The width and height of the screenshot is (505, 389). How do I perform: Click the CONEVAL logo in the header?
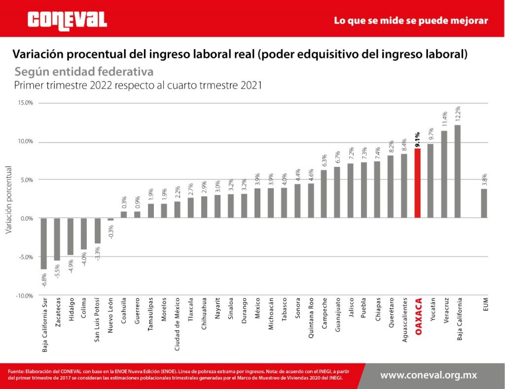(x=68, y=20)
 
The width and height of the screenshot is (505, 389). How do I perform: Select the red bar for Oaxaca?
(x=417, y=183)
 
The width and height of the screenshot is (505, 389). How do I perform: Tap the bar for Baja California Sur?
(x=43, y=243)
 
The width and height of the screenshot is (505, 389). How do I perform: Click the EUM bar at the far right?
(x=484, y=203)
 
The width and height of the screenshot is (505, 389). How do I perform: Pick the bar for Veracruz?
(x=444, y=174)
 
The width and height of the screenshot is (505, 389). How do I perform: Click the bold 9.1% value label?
(x=417, y=139)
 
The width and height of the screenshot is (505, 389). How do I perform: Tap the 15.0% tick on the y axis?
(x=25, y=103)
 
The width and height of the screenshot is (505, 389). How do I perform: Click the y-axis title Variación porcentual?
(x=8, y=199)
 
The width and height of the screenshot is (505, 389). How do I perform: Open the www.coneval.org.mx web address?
(x=429, y=375)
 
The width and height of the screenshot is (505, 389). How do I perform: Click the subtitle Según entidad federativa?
(x=84, y=71)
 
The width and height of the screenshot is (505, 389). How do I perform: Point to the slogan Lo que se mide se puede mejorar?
(x=411, y=21)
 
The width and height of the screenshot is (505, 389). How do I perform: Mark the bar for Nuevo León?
(x=110, y=220)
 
